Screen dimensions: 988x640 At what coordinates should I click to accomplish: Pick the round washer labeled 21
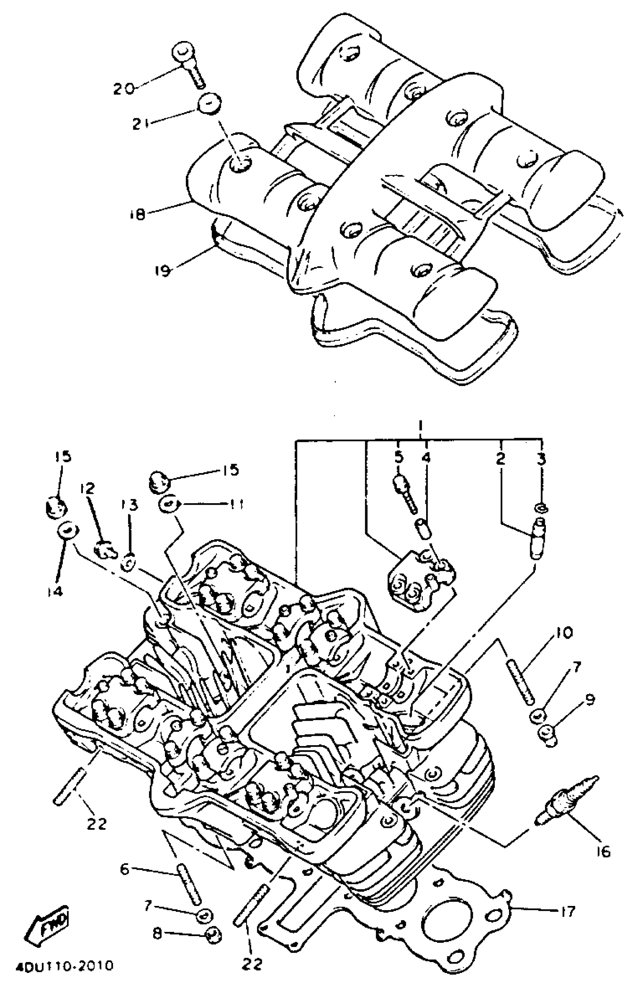coord(209,103)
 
